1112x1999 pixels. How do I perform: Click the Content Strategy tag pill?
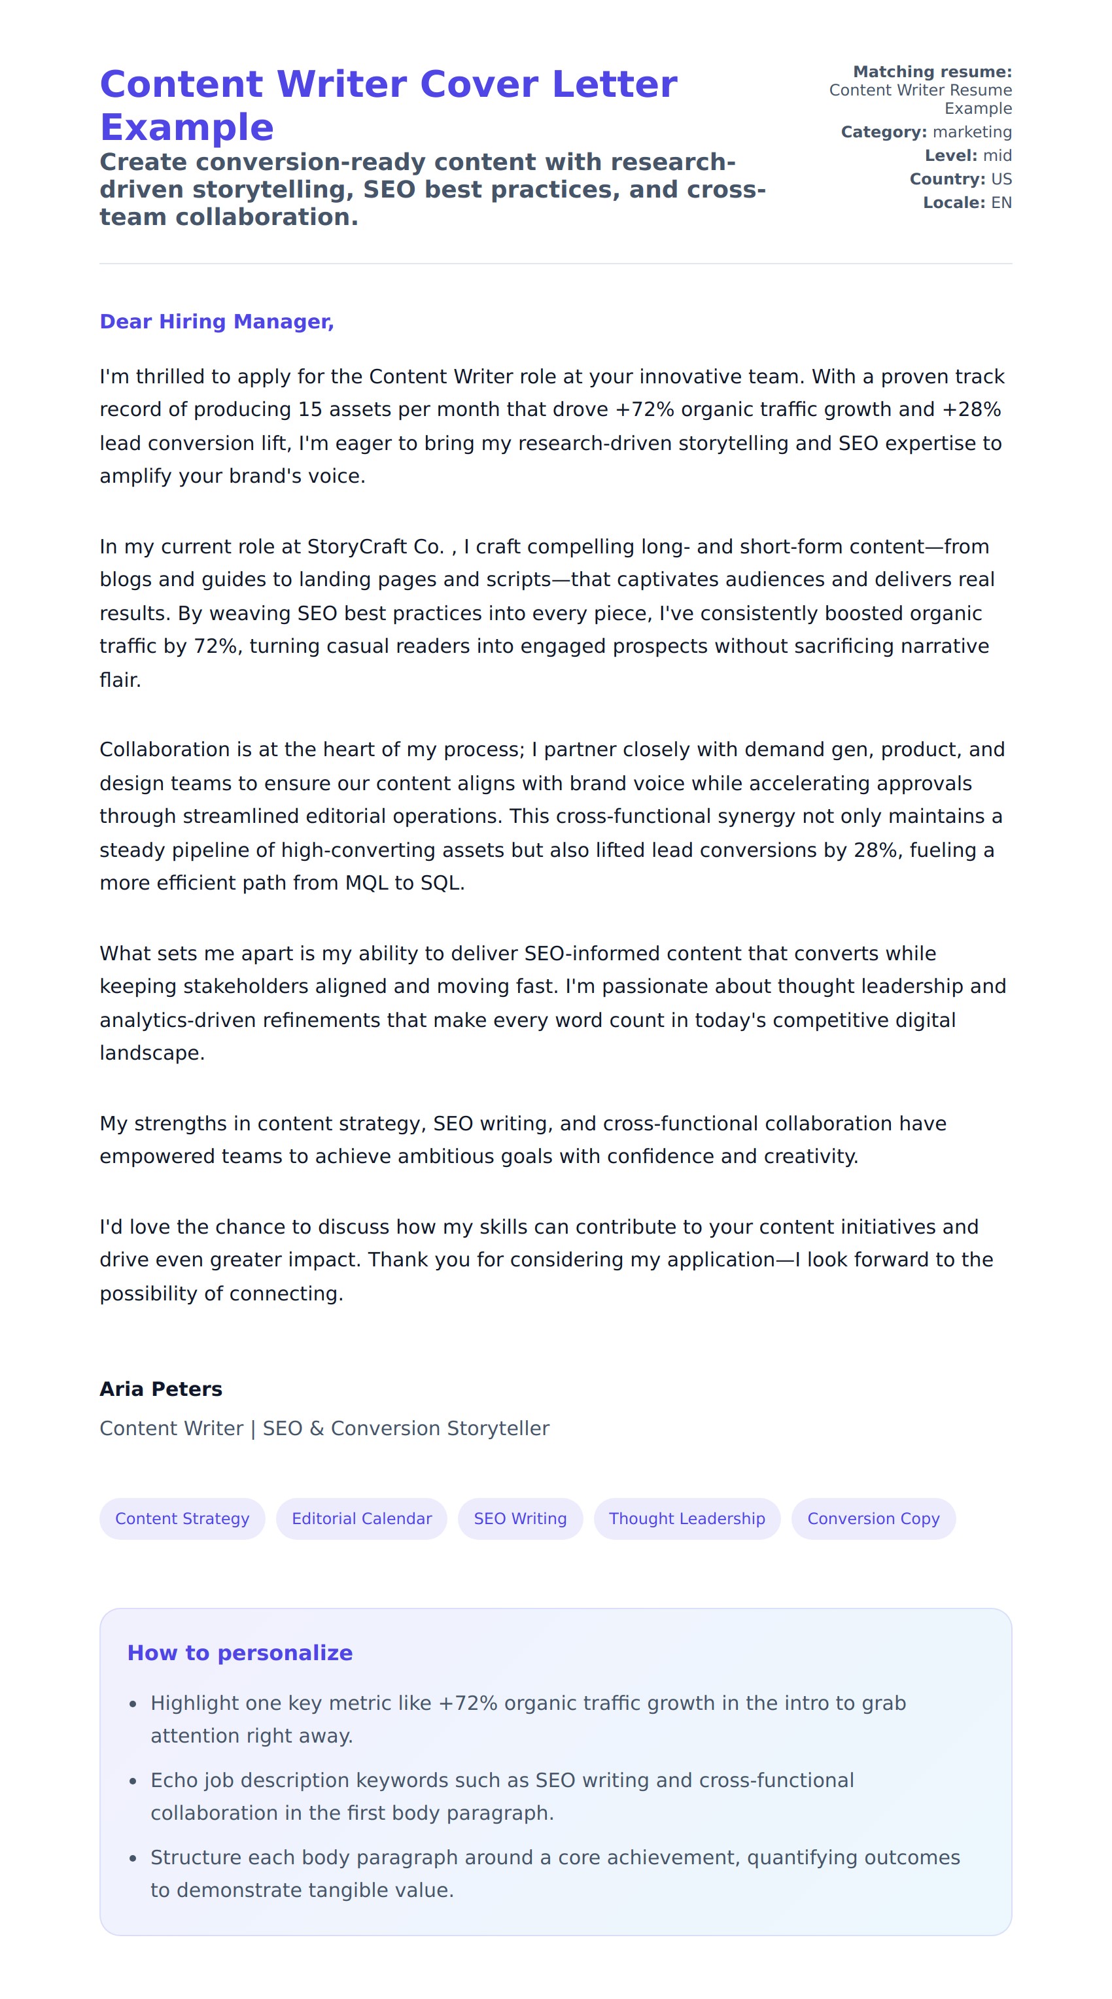coord(182,1519)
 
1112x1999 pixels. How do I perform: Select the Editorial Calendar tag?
coord(361,1519)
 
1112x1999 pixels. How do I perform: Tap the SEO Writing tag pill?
coord(520,1519)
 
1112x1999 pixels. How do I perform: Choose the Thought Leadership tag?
coord(686,1519)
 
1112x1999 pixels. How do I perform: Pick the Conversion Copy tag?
coord(873,1519)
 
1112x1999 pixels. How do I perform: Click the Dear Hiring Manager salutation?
coord(217,321)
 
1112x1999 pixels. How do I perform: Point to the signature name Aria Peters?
coord(161,1389)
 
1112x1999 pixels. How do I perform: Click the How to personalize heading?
coord(240,1653)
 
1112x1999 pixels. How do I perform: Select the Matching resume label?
coord(932,72)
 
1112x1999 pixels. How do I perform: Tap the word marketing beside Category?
coord(971,132)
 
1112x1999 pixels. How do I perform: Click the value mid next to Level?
coord(997,155)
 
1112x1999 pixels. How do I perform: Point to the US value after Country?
coord(1001,179)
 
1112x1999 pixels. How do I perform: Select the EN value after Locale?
coord(1001,203)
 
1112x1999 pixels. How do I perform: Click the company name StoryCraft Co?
coord(375,547)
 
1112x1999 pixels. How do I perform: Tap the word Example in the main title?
coord(187,128)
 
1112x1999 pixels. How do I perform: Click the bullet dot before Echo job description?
coord(133,1782)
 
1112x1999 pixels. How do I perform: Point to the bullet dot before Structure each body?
coord(133,1858)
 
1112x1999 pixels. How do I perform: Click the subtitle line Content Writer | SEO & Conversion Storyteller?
coord(324,1429)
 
